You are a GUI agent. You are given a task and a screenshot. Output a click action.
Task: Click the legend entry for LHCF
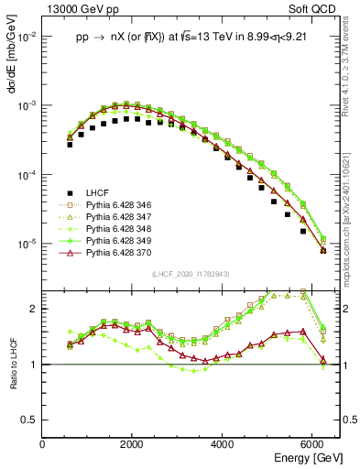click(x=97, y=193)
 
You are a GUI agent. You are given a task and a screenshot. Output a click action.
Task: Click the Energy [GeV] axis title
click(x=303, y=456)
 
